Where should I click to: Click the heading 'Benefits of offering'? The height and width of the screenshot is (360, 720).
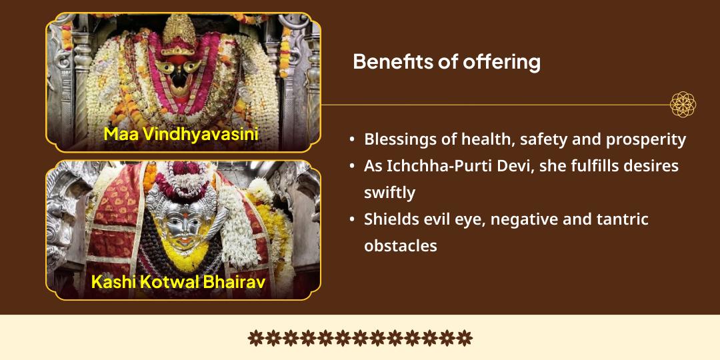(x=446, y=62)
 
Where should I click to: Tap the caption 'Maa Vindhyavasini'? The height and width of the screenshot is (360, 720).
(x=181, y=135)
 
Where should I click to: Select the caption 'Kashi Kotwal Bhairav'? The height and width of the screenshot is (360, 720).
(x=178, y=281)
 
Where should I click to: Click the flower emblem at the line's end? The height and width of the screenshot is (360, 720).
(x=683, y=105)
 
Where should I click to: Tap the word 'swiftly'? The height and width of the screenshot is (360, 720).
(x=389, y=193)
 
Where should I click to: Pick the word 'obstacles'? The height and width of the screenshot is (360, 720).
(x=400, y=245)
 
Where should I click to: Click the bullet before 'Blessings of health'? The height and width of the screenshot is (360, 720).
(x=352, y=140)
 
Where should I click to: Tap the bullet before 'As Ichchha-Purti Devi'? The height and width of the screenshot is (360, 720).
(x=352, y=167)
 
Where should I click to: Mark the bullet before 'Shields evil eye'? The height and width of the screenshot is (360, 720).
(x=352, y=219)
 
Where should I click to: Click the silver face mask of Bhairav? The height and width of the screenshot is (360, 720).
(x=180, y=223)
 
